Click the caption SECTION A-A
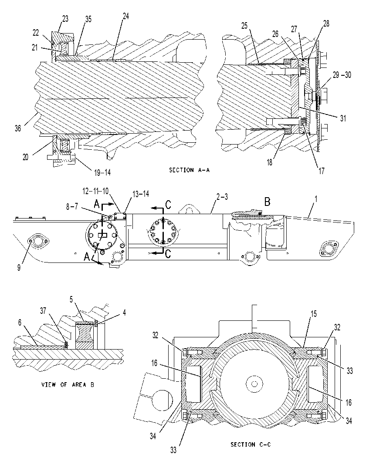(x=189, y=170)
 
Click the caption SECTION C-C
(x=251, y=444)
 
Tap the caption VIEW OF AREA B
(x=68, y=384)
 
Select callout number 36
(x=18, y=128)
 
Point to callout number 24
(x=126, y=16)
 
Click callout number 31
(x=343, y=118)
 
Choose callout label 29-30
(x=342, y=75)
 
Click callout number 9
(x=19, y=267)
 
